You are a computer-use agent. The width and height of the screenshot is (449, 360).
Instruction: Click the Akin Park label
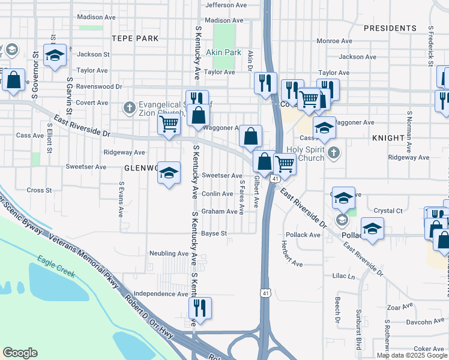tap(223, 52)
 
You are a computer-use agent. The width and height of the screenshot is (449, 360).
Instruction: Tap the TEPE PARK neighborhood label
tap(135, 38)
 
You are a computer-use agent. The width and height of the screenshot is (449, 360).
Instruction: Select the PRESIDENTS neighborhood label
tap(390, 28)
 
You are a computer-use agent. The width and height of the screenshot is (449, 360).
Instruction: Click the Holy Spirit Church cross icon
tap(334, 153)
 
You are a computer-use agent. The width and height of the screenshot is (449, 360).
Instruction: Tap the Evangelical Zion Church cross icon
tap(128, 108)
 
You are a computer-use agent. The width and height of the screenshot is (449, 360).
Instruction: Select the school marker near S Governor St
tap(55, 56)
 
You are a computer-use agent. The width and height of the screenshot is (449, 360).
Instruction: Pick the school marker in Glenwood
tap(169, 173)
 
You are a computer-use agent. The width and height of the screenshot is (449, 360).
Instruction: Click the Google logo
tap(20, 353)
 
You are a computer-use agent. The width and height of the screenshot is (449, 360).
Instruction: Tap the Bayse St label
tap(214, 233)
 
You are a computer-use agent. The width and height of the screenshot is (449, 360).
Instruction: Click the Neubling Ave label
tap(169, 253)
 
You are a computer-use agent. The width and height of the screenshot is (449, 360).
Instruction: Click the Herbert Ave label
tap(291, 254)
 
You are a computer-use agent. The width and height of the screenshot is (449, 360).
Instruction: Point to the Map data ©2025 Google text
tap(411, 355)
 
